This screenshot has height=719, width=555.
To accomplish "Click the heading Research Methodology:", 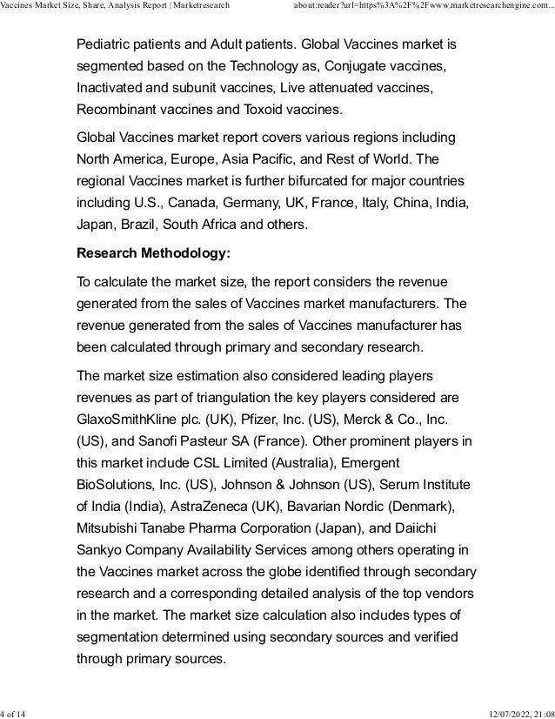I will point(154,257).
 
